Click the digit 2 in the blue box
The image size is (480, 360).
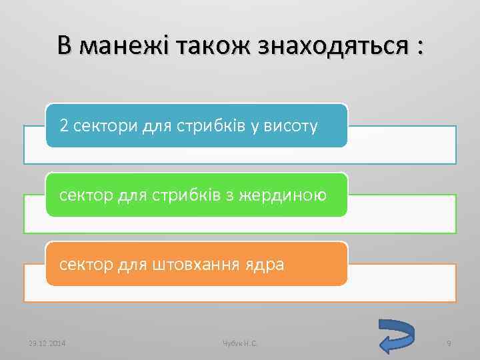coord(64,125)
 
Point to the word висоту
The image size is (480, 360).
coord(292,125)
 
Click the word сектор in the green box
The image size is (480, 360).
coord(85,195)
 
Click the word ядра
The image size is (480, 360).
coord(267,265)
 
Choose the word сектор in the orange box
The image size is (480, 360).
coord(85,265)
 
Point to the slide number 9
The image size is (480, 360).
coord(449,343)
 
